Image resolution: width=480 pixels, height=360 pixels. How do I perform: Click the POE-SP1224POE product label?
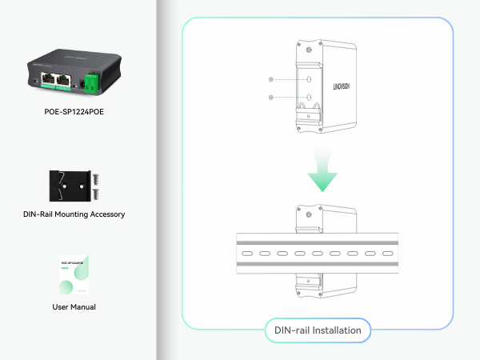[x=74, y=112]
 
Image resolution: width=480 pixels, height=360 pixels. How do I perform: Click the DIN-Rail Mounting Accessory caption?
[x=74, y=214]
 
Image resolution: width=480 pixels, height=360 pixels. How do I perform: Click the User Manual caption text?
[x=74, y=306]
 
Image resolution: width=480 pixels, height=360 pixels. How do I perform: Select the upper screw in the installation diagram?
[x=273, y=80]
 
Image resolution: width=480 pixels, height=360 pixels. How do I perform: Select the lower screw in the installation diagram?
[x=273, y=97]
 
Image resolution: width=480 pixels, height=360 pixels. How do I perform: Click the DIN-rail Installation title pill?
[x=318, y=330]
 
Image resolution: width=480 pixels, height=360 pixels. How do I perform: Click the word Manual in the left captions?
[x=85, y=306]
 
